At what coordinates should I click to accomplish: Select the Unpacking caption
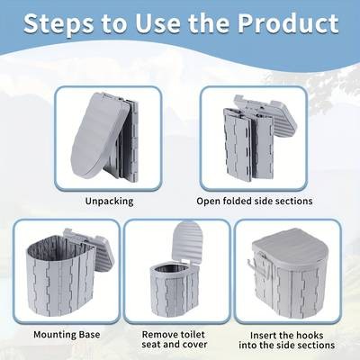108,201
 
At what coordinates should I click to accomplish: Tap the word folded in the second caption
237,201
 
